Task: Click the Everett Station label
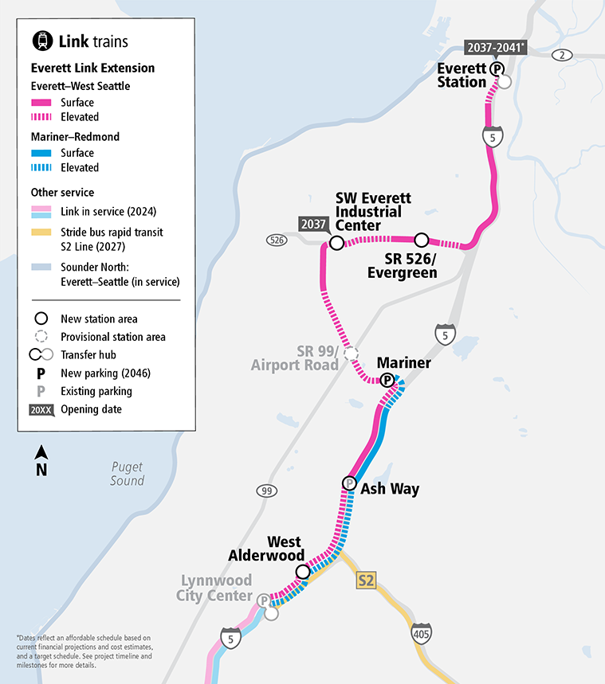click(462, 76)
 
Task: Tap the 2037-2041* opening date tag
click(495, 48)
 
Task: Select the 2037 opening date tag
click(313, 225)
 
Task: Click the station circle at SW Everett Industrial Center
click(336, 243)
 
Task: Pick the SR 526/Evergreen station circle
click(422, 240)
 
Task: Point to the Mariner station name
click(403, 363)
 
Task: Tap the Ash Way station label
click(390, 488)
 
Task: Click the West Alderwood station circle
click(303, 572)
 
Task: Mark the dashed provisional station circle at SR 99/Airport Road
click(351, 353)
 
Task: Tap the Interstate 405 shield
click(422, 635)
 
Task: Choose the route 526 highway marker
click(276, 240)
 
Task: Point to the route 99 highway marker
click(266, 491)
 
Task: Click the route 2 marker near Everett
click(563, 55)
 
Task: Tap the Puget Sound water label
click(128, 474)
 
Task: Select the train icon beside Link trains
click(41, 41)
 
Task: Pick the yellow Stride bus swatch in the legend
click(41, 233)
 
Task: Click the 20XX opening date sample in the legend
click(41, 409)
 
